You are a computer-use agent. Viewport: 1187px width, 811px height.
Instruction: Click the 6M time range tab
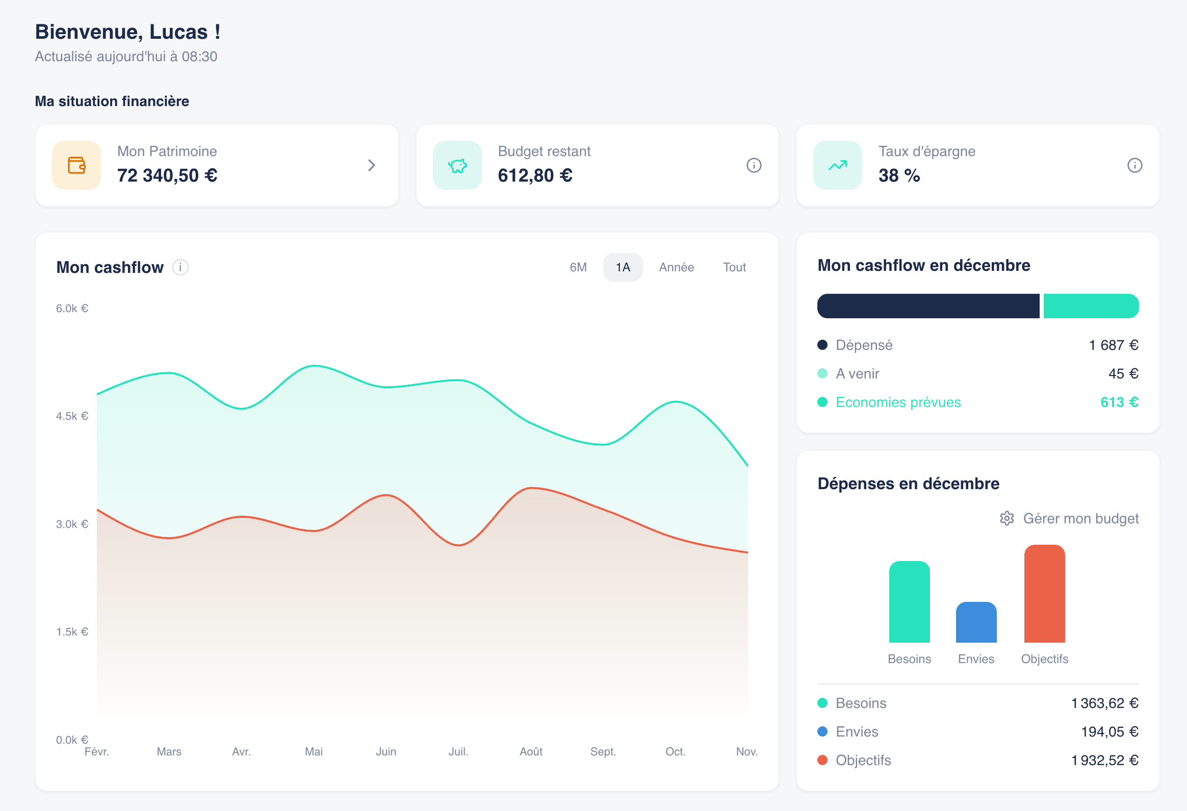[578, 267]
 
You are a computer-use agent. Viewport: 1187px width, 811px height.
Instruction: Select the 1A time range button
[622, 267]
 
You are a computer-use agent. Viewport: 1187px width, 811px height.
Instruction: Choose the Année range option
[676, 267]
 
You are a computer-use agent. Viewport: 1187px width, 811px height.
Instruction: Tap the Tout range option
[734, 267]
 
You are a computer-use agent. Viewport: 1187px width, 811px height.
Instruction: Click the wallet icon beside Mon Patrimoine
[76, 166]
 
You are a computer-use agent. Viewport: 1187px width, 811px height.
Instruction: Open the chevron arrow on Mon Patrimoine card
[371, 166]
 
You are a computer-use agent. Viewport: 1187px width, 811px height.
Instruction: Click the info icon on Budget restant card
[754, 166]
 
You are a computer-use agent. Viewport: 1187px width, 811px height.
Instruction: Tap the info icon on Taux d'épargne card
[1134, 166]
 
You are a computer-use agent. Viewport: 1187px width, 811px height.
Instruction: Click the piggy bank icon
[457, 166]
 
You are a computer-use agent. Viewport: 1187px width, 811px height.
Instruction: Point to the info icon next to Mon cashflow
[180, 267]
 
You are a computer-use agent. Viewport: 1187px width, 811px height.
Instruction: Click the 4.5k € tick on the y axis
[72, 416]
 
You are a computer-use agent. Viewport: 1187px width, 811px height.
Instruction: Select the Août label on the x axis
[531, 751]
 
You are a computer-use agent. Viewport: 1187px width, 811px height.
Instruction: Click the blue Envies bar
[975, 623]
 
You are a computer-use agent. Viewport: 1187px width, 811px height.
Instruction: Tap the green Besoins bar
[909, 602]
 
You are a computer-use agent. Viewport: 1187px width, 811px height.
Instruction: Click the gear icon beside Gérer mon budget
[1006, 518]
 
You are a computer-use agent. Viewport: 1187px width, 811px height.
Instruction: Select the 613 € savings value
[1119, 402]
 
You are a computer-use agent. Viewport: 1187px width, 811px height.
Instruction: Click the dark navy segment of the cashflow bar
[927, 306]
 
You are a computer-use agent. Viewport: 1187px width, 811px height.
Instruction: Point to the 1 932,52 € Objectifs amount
[1104, 760]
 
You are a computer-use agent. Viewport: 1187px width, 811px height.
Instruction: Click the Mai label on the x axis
[314, 751]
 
